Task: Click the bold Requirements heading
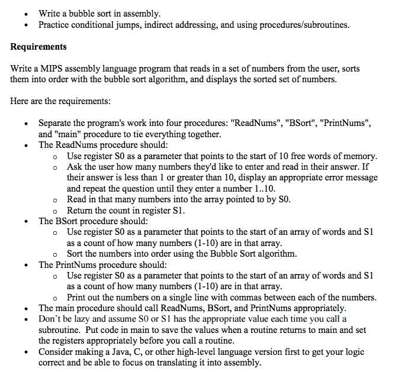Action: [x=38, y=47]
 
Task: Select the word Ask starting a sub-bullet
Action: [x=75, y=166]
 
